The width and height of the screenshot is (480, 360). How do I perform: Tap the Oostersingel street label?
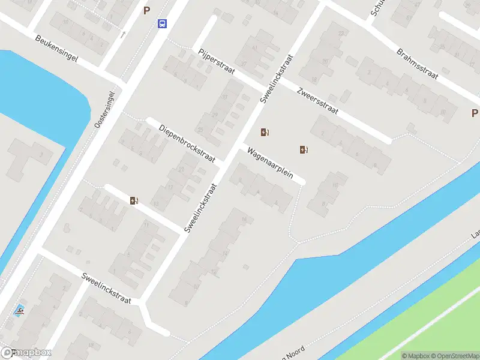(104, 109)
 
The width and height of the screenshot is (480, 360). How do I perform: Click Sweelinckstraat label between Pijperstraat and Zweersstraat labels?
(277, 77)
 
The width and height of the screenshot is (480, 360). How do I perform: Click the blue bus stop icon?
(162, 24)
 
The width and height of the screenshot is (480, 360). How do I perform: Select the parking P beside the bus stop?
(146, 10)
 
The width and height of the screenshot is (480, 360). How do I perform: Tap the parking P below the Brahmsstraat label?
(474, 113)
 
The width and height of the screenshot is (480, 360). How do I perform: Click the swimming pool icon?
(20, 311)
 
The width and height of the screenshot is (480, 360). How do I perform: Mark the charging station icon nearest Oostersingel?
(133, 200)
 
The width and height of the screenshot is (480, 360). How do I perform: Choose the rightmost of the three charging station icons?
(304, 149)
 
